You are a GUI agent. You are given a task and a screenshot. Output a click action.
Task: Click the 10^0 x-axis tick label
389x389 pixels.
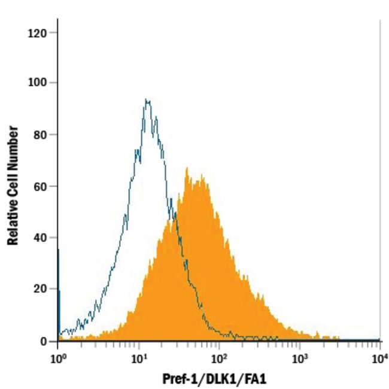click(x=57, y=358)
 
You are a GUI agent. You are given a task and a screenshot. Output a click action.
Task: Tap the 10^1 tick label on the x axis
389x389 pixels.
click(x=139, y=358)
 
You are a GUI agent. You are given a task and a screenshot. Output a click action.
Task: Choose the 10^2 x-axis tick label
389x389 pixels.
click(x=219, y=358)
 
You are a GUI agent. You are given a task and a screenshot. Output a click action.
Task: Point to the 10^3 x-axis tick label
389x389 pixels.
click(x=300, y=358)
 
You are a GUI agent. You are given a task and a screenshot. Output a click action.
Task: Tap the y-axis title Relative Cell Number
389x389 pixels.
click(x=12, y=187)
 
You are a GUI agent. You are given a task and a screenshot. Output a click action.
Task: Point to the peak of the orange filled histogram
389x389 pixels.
click(x=187, y=169)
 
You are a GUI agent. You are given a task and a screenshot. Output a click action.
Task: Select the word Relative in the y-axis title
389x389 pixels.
click(x=12, y=221)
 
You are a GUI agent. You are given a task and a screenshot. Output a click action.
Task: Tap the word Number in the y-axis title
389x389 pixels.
click(x=12, y=145)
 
